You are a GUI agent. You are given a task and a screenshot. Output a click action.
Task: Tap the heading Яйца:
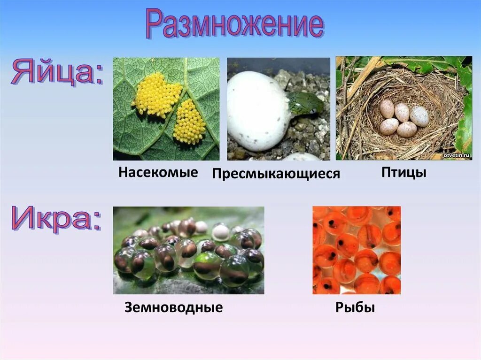click(x=57, y=71)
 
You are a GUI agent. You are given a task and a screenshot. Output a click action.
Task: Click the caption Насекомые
click(x=158, y=172)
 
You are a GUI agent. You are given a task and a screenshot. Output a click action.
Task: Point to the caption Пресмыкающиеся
click(x=276, y=174)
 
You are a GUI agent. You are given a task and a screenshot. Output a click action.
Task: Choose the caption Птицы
click(x=403, y=172)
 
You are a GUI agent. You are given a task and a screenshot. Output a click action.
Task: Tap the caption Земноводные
click(x=173, y=308)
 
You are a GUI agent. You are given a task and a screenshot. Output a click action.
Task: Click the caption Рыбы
click(x=355, y=308)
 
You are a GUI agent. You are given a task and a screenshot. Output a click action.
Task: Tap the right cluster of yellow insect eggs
click(x=189, y=123)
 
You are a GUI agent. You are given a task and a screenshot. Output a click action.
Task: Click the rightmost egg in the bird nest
click(x=419, y=116)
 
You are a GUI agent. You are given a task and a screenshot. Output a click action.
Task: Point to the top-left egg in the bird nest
click(x=387, y=109)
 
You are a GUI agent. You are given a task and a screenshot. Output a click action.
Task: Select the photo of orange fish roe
click(x=357, y=250)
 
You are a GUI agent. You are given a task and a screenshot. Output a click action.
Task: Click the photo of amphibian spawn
click(x=188, y=250)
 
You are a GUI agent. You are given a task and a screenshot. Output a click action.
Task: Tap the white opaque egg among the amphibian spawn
click(x=220, y=232)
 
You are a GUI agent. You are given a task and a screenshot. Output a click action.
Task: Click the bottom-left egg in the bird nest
click(x=389, y=126)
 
